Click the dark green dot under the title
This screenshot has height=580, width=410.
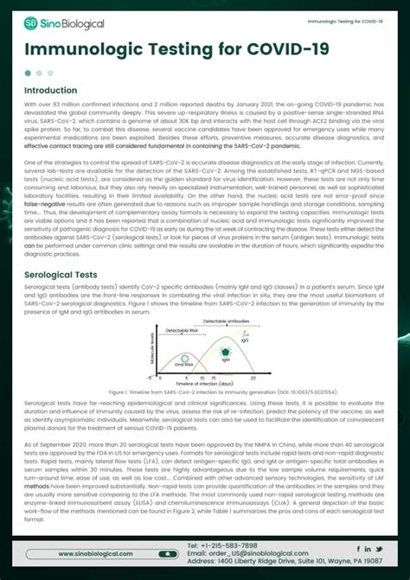click(29, 73)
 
